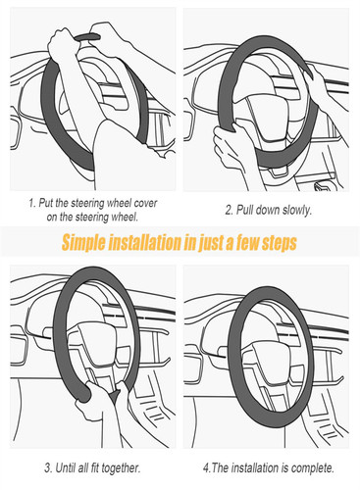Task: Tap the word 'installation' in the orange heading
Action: tap(144, 242)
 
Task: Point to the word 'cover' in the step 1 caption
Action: tap(145, 203)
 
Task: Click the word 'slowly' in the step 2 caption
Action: tap(297, 210)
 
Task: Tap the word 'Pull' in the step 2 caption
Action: tap(244, 210)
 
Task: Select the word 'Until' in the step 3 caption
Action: tap(66, 467)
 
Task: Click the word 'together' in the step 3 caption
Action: tap(121, 468)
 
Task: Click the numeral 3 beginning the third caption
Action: tap(48, 468)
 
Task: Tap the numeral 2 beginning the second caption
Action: tap(229, 210)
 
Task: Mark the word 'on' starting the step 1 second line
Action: tap(52, 218)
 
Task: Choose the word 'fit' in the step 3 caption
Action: tap(94, 467)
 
